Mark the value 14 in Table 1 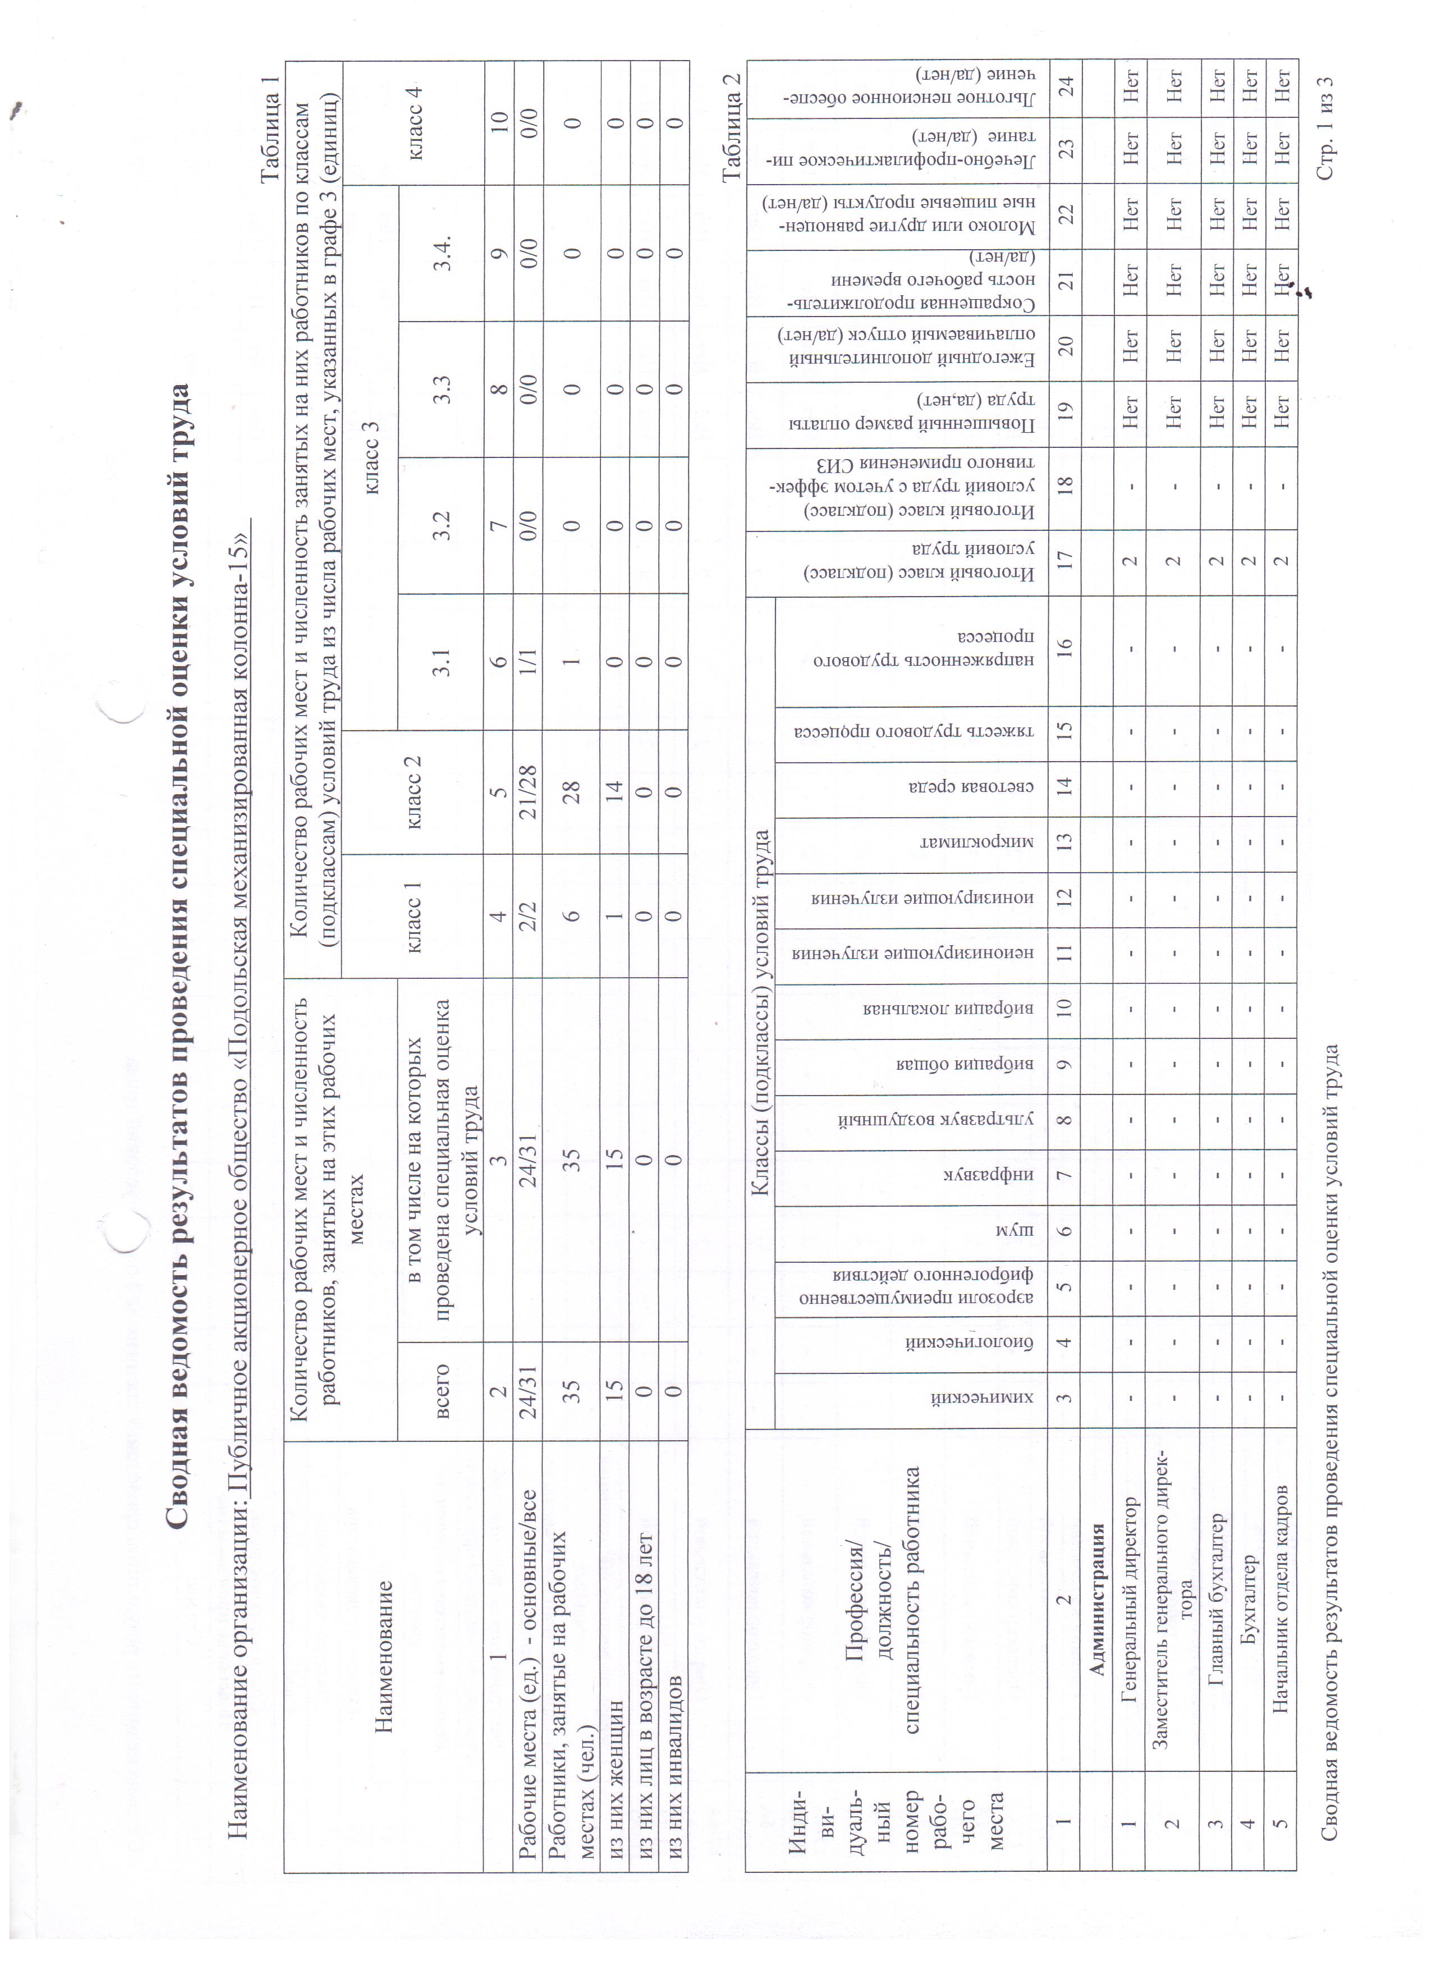coord(615,792)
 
